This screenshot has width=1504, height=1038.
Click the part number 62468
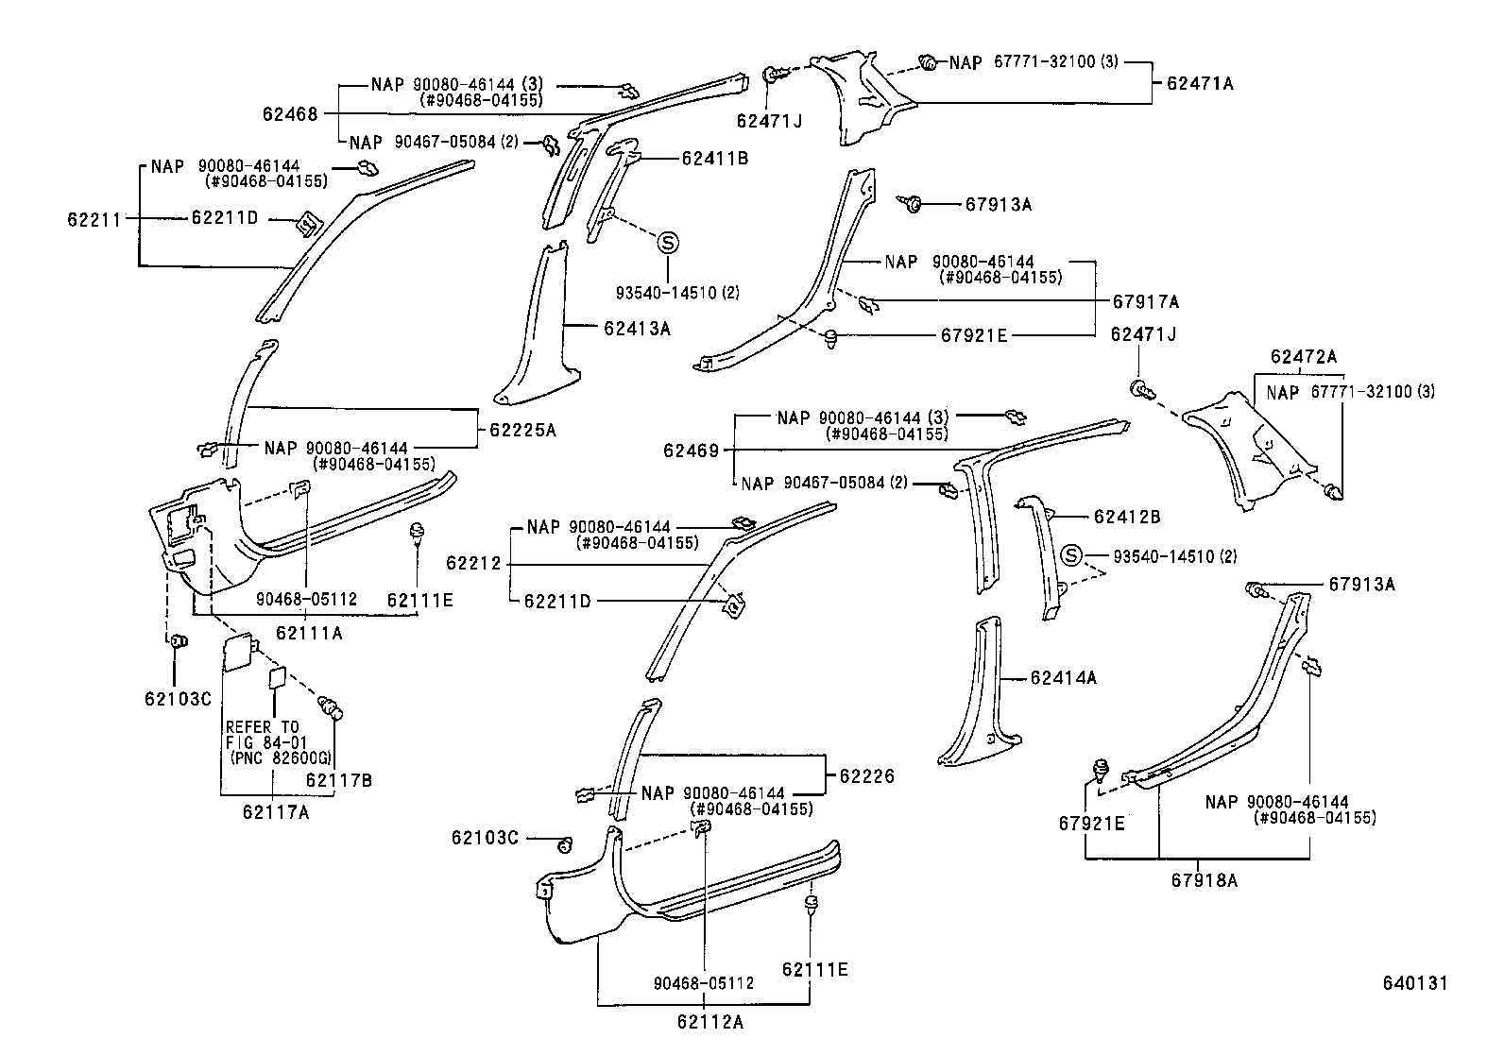coord(290,114)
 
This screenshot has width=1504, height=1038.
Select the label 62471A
coord(1200,83)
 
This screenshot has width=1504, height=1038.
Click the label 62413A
coord(637,329)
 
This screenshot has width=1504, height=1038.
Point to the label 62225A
coord(522,430)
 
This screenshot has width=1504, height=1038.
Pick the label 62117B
coord(339,780)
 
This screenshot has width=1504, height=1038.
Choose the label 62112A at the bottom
coord(709,1020)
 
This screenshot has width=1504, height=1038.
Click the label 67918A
coord(1204,880)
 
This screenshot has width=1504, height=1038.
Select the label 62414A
coord(1063,678)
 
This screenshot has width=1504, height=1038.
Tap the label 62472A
coord(1304,357)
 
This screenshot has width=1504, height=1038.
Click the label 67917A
coord(1145,302)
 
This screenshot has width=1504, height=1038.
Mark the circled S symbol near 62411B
coord(667,243)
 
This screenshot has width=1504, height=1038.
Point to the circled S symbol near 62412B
coord(1071,555)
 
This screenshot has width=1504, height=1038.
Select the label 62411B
coord(714,159)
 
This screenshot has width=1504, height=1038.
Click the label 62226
coord(866,776)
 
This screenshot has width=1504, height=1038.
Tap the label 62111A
coord(309,633)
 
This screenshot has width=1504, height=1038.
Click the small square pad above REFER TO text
coord(277,676)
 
